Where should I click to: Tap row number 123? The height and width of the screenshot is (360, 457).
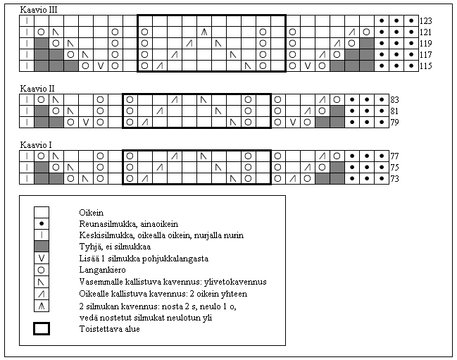(427, 21)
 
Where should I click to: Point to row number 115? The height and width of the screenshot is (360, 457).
(427, 66)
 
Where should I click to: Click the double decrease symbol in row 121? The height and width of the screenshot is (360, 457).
(204, 32)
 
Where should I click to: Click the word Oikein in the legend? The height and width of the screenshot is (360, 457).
(91, 211)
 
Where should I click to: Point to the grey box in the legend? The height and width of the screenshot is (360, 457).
(42, 246)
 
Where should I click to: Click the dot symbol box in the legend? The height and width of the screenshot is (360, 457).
(42, 222)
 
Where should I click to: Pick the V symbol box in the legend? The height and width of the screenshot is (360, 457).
(42, 258)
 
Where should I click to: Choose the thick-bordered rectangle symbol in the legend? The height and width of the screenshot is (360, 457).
(42, 328)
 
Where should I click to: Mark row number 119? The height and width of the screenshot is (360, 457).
(427, 44)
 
